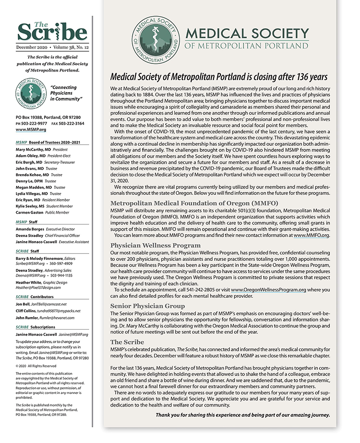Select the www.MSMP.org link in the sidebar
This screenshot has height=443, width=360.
31,129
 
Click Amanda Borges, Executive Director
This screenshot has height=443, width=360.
32,229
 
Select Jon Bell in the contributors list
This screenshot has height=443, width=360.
23,304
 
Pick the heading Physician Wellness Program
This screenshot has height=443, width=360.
155,246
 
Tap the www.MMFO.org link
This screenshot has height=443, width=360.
311,235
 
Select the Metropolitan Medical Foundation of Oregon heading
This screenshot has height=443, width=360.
194,203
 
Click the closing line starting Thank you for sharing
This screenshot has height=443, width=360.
243,415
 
